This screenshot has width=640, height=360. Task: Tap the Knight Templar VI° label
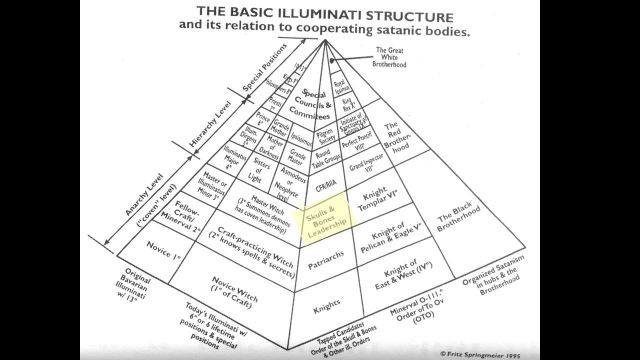coord(378,199)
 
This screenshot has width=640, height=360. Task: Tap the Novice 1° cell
coord(163,251)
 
